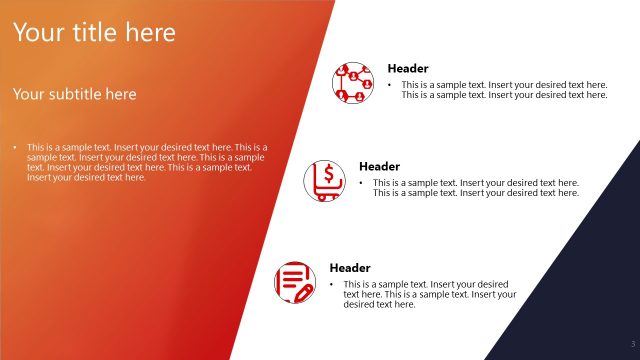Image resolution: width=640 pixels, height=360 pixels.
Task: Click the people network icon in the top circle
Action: [x=353, y=83]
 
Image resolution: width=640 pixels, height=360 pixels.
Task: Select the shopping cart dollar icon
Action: [x=324, y=181]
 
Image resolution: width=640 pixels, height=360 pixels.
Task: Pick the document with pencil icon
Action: [x=294, y=282]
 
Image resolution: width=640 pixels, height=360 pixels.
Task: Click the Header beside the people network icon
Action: [x=408, y=69]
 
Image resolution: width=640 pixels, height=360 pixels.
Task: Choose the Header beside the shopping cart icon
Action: [x=379, y=166]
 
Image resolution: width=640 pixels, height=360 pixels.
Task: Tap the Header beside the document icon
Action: [x=350, y=268]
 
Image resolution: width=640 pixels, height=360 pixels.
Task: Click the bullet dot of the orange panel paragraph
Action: [x=15, y=147]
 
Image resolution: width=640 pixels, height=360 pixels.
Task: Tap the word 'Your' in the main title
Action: [x=37, y=33]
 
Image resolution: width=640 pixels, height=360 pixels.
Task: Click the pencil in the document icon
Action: [x=301, y=291]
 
